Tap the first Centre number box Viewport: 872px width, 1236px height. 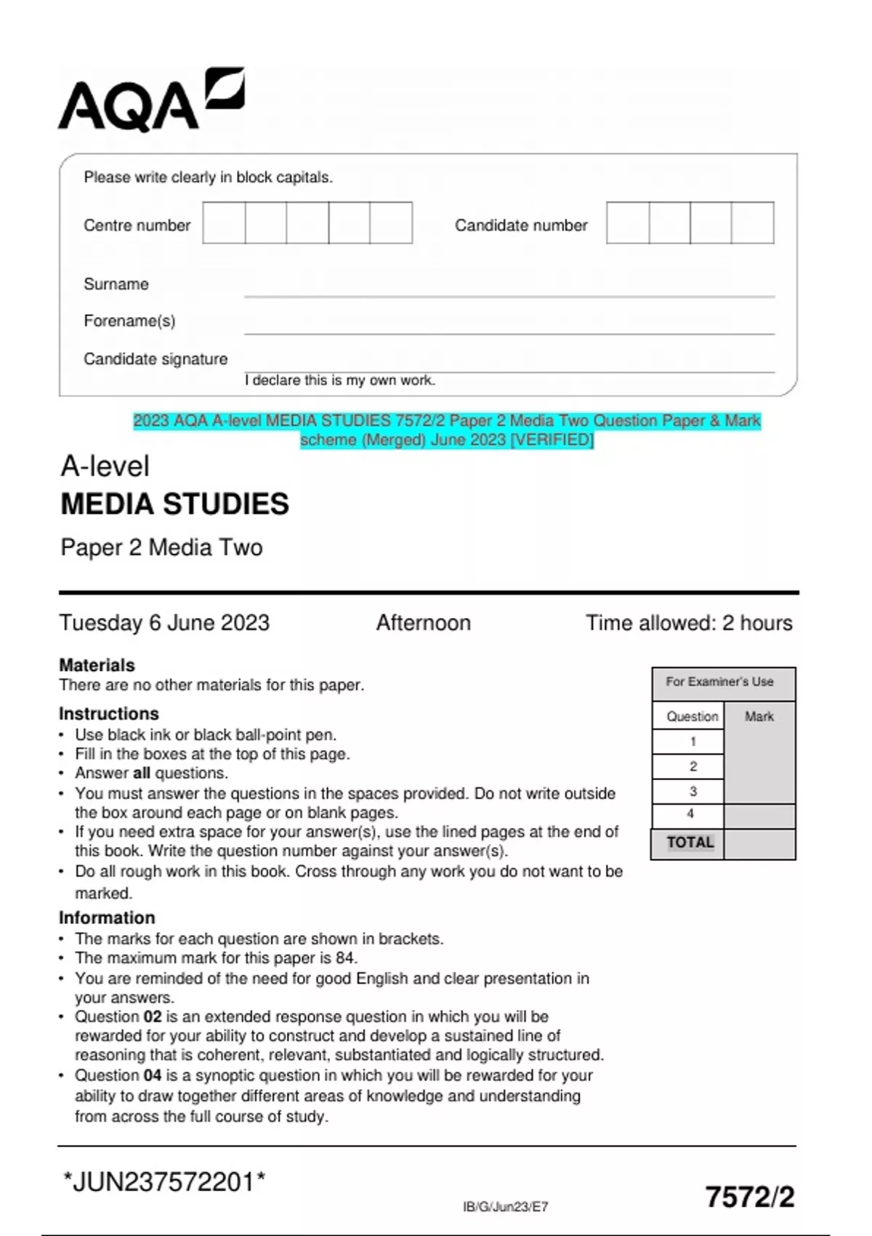point(224,223)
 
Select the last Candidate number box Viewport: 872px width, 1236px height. point(753,223)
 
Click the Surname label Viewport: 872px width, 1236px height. point(116,284)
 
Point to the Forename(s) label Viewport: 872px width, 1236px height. point(129,321)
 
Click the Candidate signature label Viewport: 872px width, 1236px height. point(156,359)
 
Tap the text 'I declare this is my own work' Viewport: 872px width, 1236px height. point(339,380)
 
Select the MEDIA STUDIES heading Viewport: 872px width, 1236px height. point(174,504)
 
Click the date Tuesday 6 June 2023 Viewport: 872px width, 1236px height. point(164,623)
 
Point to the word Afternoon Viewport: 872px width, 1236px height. point(423,623)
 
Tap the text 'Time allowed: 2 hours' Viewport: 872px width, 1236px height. point(689,623)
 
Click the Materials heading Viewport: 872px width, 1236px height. point(97,665)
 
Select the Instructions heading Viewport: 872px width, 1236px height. point(109,714)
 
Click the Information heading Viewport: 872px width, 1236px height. point(107,918)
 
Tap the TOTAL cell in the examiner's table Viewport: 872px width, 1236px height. point(690,843)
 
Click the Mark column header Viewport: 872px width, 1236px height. point(759,717)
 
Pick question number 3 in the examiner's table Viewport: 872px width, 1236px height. point(693,791)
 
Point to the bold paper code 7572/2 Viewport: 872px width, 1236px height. point(750,1197)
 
